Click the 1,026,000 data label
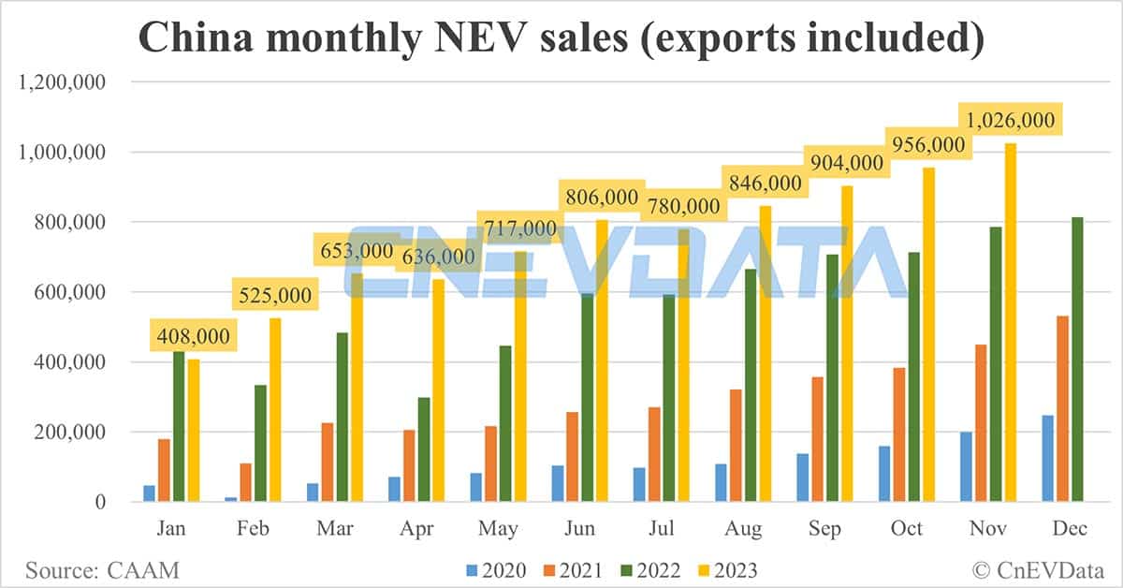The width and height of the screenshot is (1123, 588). [x=1011, y=120]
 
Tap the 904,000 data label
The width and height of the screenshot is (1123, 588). [x=847, y=163]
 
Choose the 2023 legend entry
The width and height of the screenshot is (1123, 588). [x=726, y=569]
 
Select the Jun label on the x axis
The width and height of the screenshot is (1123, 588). [x=580, y=529]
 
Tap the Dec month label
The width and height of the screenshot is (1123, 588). [x=1070, y=529]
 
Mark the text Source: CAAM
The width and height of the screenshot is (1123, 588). [x=102, y=569]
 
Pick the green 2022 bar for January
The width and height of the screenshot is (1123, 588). [x=178, y=427]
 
